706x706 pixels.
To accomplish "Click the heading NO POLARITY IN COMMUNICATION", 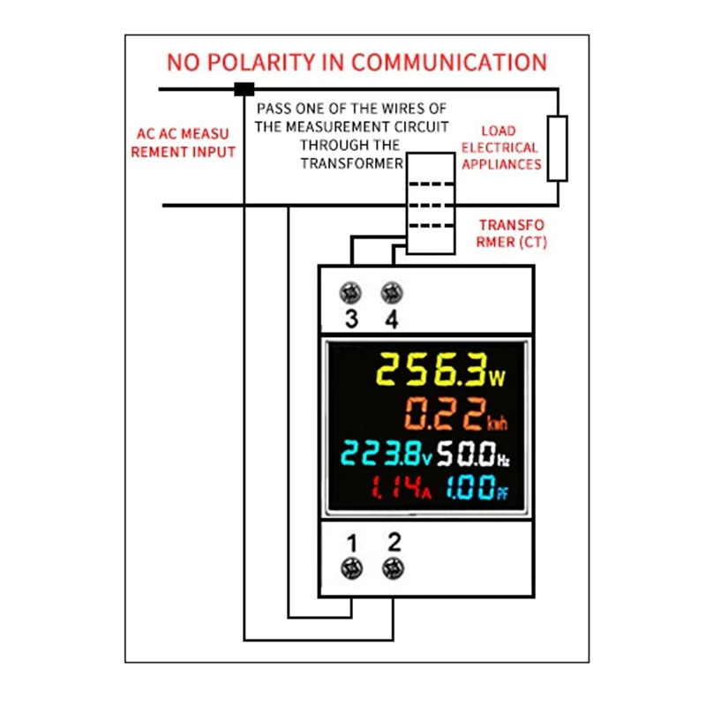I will [357, 63].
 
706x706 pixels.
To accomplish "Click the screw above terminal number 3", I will [351, 292].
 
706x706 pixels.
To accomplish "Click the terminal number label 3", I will [351, 319].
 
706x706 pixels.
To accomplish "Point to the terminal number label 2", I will [394, 540].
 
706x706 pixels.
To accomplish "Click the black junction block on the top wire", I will [244, 88].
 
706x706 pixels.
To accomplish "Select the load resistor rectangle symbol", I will [557, 147].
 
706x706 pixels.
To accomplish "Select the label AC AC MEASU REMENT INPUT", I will [184, 143].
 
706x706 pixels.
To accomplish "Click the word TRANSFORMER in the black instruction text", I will [352, 163].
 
